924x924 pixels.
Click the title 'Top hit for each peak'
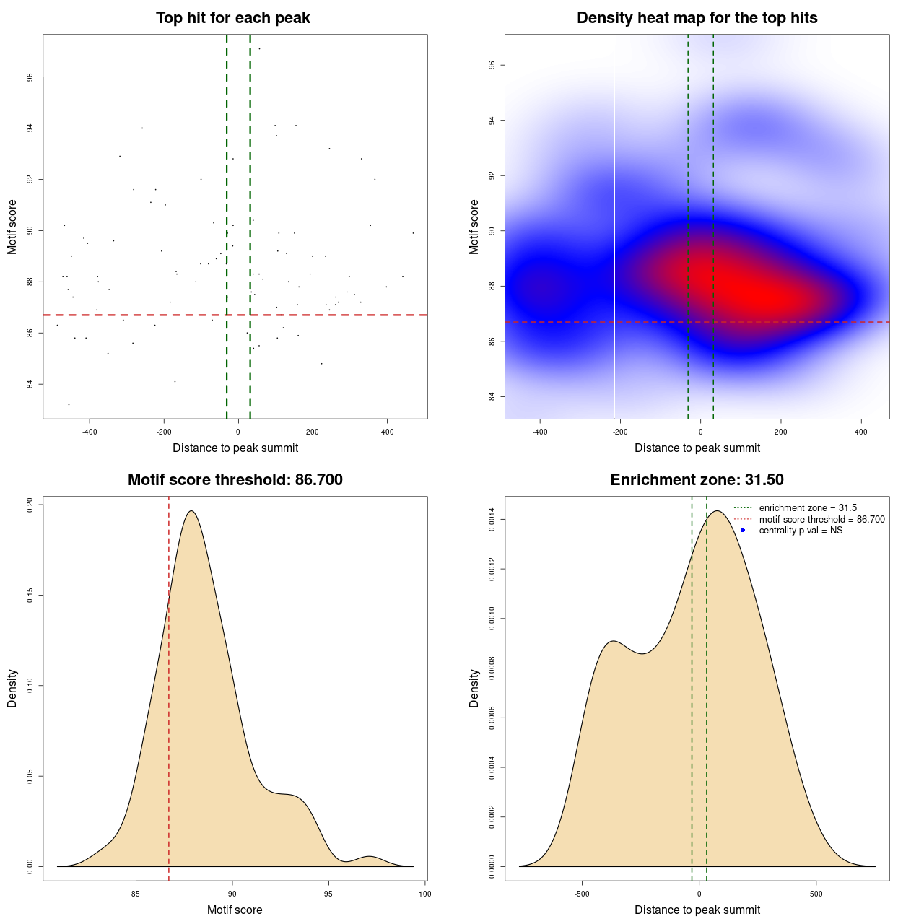(x=232, y=18)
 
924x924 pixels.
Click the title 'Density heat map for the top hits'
(x=697, y=18)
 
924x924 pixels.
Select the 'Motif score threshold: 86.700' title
(x=235, y=480)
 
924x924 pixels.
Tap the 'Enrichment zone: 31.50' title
(x=697, y=480)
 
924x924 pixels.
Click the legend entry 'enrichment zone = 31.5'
(x=808, y=508)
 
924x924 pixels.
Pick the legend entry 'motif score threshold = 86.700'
(x=821, y=520)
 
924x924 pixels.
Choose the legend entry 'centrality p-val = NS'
(x=801, y=531)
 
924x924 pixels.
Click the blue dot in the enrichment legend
(x=742, y=531)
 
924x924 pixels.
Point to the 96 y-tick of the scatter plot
(x=30, y=77)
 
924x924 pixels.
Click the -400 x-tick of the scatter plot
(x=90, y=432)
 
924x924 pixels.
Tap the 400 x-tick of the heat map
(x=861, y=432)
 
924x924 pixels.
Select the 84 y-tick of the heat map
(x=492, y=396)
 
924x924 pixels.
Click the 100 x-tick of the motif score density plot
(x=424, y=894)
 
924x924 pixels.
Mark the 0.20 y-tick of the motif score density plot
(x=30, y=505)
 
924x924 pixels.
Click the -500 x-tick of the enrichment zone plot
(x=582, y=894)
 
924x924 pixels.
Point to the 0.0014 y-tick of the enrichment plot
(x=492, y=520)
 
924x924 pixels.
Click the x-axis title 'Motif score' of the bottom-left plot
(x=235, y=910)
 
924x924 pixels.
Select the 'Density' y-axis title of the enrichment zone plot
(x=474, y=688)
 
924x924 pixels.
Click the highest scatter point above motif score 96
(x=259, y=49)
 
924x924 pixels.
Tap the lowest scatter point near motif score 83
(x=69, y=404)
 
